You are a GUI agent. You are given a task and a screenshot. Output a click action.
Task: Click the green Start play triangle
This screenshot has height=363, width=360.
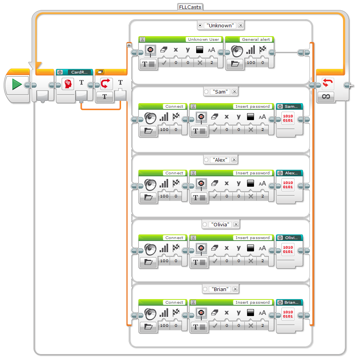17,85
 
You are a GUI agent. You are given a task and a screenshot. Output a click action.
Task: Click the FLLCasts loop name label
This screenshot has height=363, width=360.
190,7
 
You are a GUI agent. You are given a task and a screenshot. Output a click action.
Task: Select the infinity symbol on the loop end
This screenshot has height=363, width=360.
326,96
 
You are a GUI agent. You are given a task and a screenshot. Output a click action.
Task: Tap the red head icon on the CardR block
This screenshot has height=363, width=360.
68,83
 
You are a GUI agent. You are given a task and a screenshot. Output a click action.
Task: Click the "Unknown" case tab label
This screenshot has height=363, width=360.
220,25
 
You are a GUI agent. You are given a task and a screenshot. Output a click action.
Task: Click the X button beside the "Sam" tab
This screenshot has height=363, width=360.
234,92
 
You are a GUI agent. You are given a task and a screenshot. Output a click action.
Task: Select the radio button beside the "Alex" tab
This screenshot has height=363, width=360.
206,160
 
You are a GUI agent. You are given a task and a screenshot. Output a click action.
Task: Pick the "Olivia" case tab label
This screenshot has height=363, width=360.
220,224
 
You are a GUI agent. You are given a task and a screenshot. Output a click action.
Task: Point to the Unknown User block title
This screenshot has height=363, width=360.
203,40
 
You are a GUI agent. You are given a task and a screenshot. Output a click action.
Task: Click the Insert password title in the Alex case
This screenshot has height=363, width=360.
252,173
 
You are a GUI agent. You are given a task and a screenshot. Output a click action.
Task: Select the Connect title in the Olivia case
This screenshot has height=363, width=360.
174,238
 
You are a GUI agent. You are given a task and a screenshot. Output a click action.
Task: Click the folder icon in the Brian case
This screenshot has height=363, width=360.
148,326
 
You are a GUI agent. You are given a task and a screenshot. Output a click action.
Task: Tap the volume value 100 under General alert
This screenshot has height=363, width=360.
251,62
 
